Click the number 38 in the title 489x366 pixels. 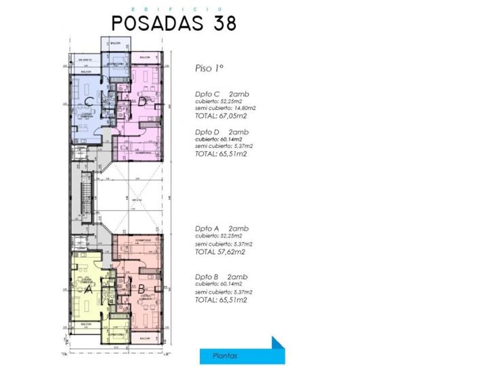(225, 23)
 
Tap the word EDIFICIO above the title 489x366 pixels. (177, 9)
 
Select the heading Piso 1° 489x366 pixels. (209, 68)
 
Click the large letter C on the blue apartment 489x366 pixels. (89, 101)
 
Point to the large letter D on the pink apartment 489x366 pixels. (142, 101)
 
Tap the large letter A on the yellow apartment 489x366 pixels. (88, 290)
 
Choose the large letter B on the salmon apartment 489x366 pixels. (141, 289)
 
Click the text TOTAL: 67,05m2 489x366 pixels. (221, 116)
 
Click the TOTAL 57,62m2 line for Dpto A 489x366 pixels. (220, 252)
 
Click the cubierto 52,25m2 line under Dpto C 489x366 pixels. (218, 101)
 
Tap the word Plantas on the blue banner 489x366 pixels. (225, 356)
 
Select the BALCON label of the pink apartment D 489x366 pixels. (145, 58)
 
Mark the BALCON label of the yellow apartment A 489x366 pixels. (86, 324)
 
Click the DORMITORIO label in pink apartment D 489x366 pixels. (142, 153)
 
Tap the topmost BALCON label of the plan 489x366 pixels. (115, 43)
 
